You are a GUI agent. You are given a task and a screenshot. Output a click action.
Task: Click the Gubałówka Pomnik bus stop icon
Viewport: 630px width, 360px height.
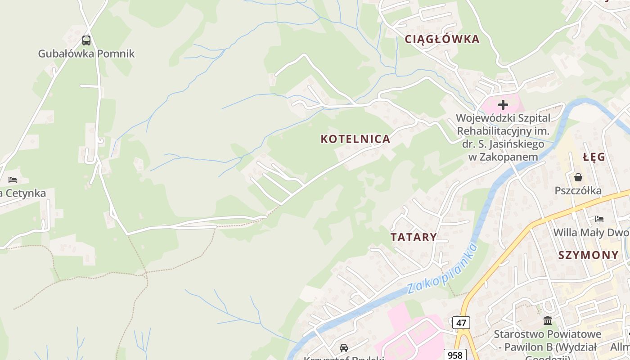coord(86,40)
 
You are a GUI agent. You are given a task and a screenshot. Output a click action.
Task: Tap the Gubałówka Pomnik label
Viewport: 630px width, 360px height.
coord(86,54)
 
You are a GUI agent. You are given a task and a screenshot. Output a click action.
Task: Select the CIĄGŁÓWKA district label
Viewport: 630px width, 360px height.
coord(442,39)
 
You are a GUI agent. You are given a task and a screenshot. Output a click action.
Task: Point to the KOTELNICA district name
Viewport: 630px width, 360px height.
coord(355,139)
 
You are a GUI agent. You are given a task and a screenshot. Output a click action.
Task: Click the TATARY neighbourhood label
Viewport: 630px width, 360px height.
coord(414,237)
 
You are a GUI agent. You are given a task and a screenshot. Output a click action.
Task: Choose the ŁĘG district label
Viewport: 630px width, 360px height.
coord(594,157)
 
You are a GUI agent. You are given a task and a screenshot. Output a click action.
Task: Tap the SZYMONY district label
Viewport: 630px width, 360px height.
coord(589,255)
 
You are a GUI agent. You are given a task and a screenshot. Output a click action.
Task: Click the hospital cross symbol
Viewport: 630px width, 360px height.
coord(503,105)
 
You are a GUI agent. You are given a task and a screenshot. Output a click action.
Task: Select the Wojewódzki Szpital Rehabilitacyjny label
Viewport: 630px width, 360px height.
coord(503,137)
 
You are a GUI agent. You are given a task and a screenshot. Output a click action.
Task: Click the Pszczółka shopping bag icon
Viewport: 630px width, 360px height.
coord(578,177)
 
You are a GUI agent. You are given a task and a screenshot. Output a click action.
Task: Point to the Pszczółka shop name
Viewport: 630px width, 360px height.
coord(578,191)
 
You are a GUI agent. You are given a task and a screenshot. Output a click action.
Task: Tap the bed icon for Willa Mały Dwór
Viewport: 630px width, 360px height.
coord(599,219)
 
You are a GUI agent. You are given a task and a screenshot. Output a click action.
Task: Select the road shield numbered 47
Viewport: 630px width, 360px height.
coord(461,323)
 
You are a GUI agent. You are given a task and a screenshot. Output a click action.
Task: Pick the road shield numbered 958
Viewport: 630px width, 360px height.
coord(455,355)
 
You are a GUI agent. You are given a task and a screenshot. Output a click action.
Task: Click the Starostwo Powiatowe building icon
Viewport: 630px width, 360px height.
coord(548,320)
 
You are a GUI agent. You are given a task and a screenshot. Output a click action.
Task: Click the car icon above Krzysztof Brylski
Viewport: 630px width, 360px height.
coord(344,347)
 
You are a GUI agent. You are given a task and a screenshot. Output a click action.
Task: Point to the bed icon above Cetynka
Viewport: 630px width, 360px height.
coord(13,180)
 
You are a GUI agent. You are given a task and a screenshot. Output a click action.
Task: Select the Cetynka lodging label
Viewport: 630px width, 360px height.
coord(23,193)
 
